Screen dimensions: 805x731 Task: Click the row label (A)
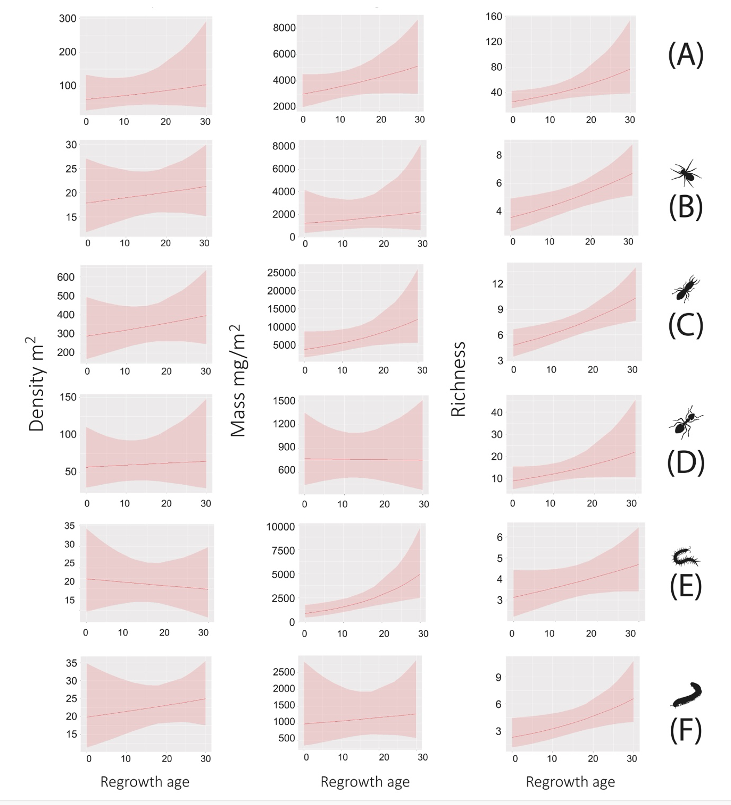pos(686,56)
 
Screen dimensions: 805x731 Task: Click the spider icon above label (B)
pos(685,173)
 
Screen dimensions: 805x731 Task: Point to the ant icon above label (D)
pos(684,424)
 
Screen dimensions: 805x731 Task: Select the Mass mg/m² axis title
pos(239,381)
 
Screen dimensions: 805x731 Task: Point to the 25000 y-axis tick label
pos(275,272)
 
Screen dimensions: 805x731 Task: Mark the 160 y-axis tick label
pos(491,17)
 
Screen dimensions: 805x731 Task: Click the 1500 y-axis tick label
pos(278,400)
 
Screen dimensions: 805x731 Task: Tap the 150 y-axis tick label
pos(66,398)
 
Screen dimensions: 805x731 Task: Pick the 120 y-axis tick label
pos(491,43)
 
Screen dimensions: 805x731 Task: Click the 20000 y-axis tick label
pos(275,290)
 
